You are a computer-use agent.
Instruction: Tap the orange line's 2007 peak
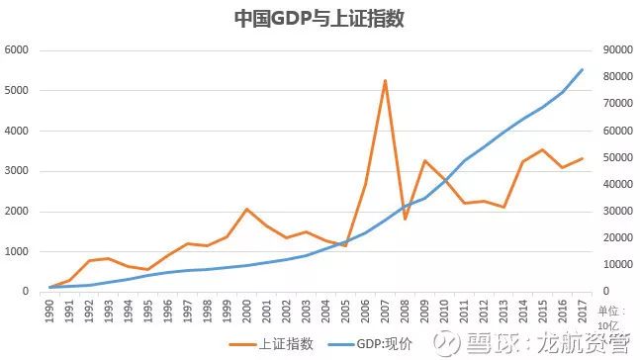click(385, 80)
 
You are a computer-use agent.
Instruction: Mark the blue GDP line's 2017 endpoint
click(582, 69)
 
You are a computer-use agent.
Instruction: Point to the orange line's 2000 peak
click(247, 209)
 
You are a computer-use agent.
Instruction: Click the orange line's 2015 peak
click(542, 149)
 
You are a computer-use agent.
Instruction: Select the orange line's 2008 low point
click(405, 219)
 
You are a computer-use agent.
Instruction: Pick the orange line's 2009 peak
click(424, 160)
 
